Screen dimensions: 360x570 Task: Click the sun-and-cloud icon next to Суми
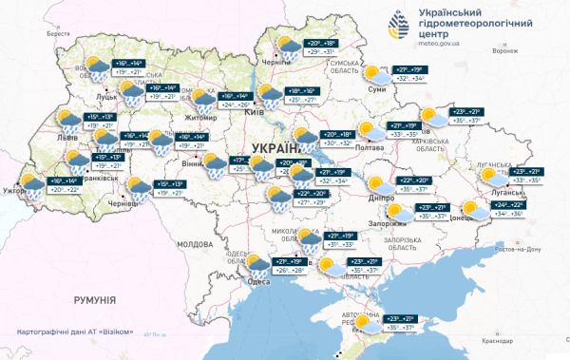coord(377,75)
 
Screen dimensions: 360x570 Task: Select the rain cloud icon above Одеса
coord(259,262)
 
